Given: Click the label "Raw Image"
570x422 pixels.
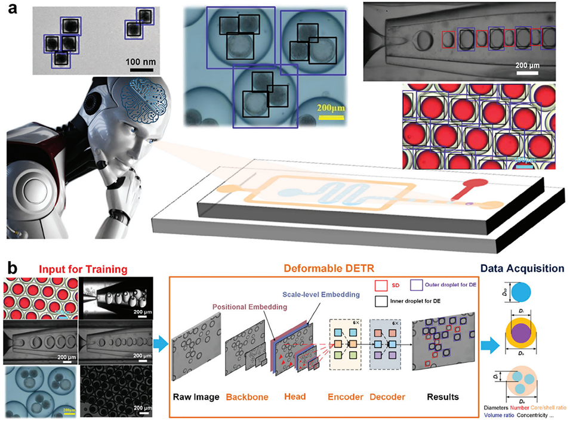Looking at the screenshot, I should point(195,396).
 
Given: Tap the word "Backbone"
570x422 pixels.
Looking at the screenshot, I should point(247,396).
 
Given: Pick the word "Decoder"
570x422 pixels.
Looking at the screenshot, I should point(389,396).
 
